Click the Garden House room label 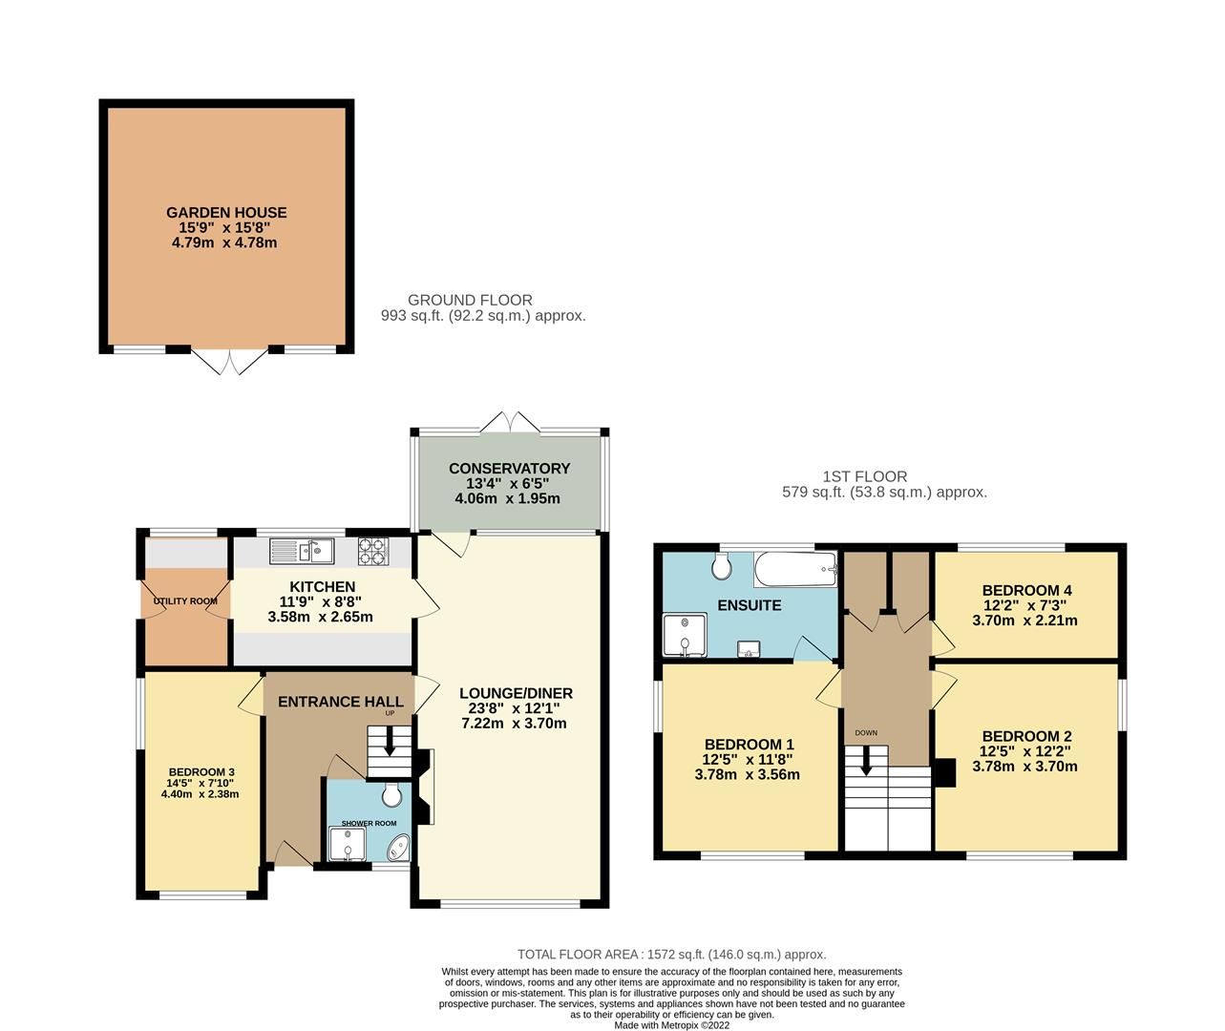coord(226,213)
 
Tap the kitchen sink coord(300,550)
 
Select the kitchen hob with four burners coord(373,550)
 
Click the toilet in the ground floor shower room coord(391,794)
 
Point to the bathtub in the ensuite coord(795,571)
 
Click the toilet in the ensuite coord(723,568)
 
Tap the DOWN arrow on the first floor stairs coord(866,760)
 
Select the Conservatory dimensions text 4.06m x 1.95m coord(506,498)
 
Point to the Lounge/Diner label coord(516,693)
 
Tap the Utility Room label coord(186,601)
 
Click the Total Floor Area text coord(671,954)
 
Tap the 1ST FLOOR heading coord(864,476)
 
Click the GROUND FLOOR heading coord(470,300)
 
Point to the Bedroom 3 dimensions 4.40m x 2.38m coord(200,793)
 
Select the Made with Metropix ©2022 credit coord(671,1025)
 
